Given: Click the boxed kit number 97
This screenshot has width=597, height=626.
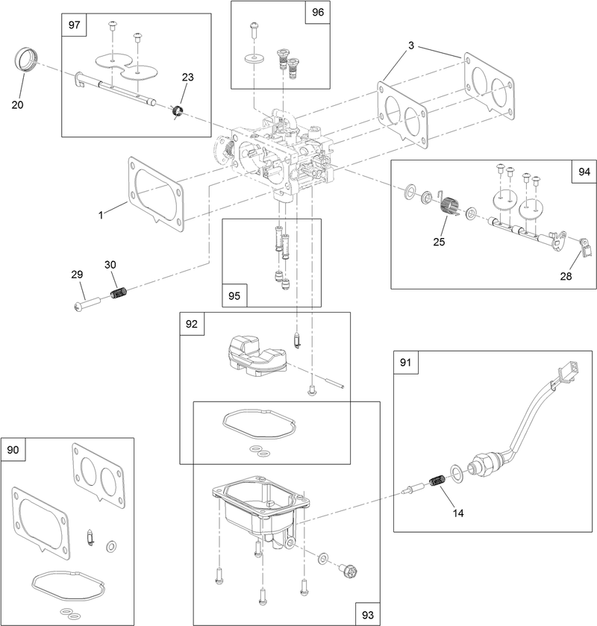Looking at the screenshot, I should click(x=74, y=25).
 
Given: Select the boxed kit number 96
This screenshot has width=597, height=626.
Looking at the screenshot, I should click(x=317, y=13).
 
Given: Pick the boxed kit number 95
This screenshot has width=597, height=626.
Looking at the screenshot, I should click(x=234, y=295).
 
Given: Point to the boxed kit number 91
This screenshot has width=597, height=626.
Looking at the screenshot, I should click(x=405, y=363).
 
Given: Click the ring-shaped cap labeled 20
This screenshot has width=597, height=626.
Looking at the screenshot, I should click(x=26, y=59).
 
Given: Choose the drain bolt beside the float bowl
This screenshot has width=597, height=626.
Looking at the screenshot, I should click(x=345, y=572).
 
